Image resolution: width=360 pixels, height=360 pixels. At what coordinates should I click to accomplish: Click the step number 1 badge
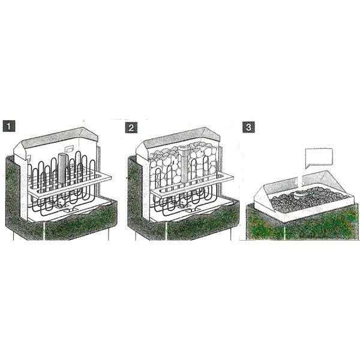point(9,126)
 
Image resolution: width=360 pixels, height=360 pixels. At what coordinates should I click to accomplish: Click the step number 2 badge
point(131,127)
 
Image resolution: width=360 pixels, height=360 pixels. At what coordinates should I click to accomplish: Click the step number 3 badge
point(248,127)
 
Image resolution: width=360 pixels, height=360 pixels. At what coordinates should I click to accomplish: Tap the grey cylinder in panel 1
point(62,168)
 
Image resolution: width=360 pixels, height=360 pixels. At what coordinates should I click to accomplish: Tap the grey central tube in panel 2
point(184,164)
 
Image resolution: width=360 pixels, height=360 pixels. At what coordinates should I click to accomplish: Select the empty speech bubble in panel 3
point(319,157)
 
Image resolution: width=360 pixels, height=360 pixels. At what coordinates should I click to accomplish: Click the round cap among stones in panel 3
point(300,195)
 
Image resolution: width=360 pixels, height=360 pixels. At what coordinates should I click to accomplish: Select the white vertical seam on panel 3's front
point(284,232)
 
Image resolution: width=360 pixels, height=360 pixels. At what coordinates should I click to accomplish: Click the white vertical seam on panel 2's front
point(166,231)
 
